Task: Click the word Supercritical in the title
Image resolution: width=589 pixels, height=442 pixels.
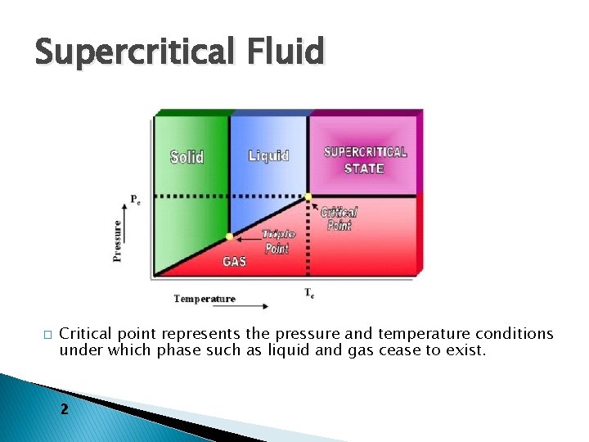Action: click(131, 52)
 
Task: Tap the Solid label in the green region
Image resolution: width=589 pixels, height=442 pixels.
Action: click(187, 156)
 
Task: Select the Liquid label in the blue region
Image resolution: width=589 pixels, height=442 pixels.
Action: click(268, 156)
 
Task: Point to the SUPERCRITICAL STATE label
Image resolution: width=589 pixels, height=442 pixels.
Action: click(365, 160)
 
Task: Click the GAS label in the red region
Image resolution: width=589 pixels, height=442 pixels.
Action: click(233, 262)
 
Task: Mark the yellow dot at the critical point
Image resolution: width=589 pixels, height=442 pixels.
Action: click(308, 197)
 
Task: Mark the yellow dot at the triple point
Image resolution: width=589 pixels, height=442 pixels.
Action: click(229, 237)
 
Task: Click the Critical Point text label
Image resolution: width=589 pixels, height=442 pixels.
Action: click(339, 219)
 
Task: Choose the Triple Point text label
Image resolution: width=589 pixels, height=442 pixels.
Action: click(277, 241)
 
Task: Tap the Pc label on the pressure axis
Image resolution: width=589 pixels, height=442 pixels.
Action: click(135, 200)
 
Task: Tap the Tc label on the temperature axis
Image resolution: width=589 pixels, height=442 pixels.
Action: click(309, 292)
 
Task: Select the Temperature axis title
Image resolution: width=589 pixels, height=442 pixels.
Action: click(204, 299)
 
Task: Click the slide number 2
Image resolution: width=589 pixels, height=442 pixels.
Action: click(65, 408)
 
